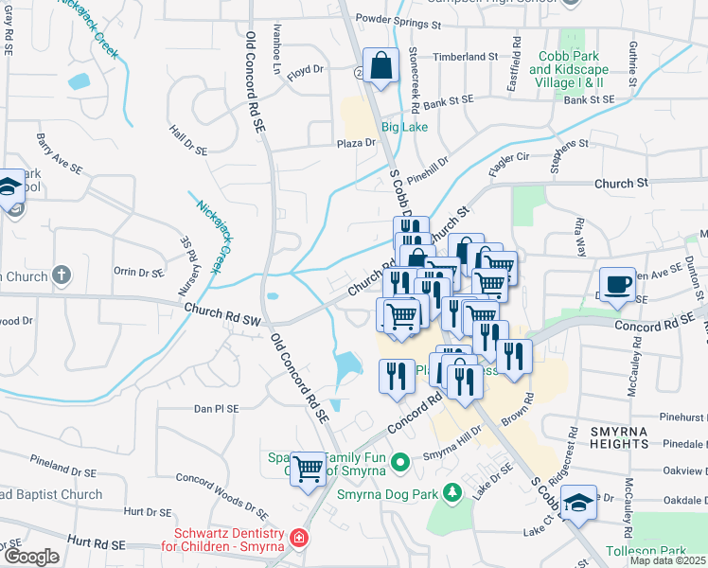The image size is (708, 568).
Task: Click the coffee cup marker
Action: point(617,284)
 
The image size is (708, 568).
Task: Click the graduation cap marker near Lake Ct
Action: point(579,501)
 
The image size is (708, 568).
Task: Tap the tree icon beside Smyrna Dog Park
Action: point(453,492)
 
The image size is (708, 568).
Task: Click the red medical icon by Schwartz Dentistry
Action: point(299,539)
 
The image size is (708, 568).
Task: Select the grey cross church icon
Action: point(62,276)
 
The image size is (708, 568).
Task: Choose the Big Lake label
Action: point(404,127)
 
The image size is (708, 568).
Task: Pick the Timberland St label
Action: point(466,57)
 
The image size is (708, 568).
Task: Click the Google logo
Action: point(31,557)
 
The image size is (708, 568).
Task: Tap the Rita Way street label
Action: point(578,238)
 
